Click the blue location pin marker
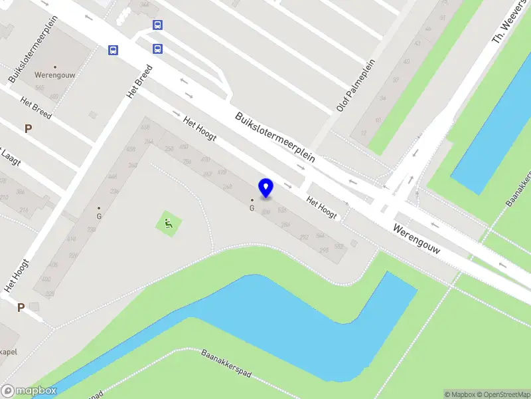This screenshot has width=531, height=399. tap(266, 188)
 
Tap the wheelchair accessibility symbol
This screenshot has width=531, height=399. tap(169, 224)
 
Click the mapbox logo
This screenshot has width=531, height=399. tap(29, 391)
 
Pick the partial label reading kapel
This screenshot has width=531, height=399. tap(8, 351)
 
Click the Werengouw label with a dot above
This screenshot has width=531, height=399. tap(55, 75)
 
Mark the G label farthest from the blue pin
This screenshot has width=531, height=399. tap(99, 215)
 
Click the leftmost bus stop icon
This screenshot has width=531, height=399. tap(114, 50)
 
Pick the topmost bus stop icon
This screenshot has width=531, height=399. tap(157, 25)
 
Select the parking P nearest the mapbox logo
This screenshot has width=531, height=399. tap(21, 307)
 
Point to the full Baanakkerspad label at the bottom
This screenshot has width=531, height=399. tap(226, 364)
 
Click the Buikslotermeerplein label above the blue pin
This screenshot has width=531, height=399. tap(274, 136)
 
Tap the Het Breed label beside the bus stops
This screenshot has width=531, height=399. tap(140, 82)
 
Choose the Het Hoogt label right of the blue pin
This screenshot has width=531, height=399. tap(321, 207)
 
